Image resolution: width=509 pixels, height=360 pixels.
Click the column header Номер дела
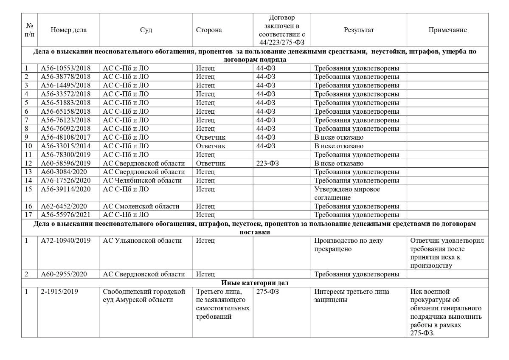tap(68, 30)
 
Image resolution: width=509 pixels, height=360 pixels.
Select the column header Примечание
tap(447, 30)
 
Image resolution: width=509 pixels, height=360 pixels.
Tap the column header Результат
tap(359, 30)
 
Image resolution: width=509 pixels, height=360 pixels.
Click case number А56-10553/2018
tap(66, 68)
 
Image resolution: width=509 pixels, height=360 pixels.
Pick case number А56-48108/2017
tap(66, 138)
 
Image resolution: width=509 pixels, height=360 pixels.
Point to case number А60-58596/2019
tap(66, 163)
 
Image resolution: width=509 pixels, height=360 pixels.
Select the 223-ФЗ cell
tap(267, 163)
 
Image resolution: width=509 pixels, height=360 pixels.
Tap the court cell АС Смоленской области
tap(141, 206)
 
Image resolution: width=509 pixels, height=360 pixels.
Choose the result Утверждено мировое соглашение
tap(347, 193)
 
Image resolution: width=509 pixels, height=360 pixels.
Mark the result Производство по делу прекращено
tap(349, 245)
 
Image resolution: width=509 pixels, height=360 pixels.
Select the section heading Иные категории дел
tap(254, 283)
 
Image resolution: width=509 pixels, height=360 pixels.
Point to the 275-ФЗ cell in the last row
tap(267, 292)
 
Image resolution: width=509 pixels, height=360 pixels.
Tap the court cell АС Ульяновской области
tap(142, 241)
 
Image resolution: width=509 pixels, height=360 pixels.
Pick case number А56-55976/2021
tap(66, 215)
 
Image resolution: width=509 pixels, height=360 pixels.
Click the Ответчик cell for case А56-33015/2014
tap(211, 146)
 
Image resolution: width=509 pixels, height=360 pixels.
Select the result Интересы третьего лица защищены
tap(352, 295)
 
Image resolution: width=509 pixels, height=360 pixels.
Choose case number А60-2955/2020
tap(64, 274)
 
